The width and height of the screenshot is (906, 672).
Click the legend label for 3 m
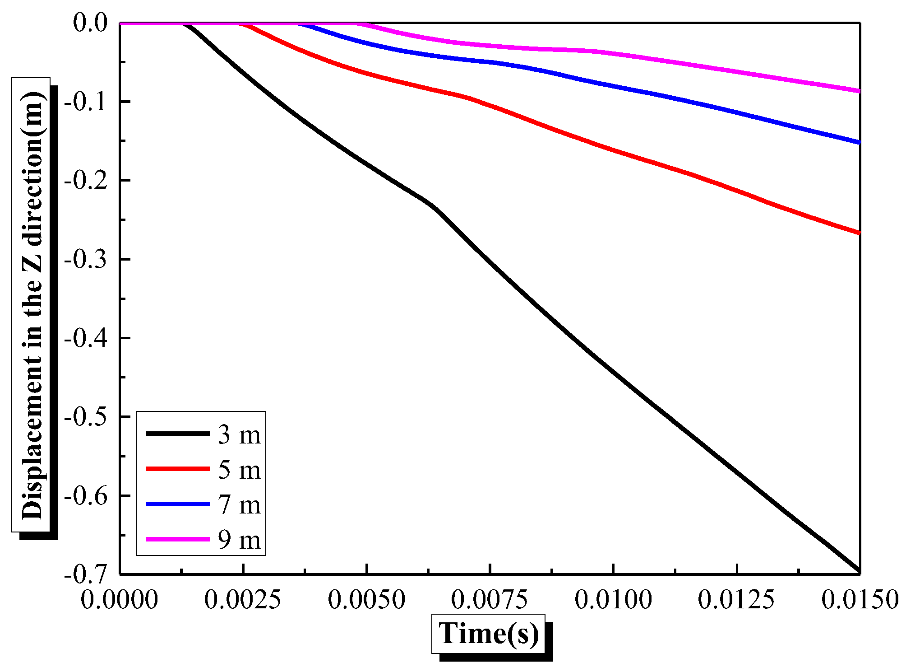239,434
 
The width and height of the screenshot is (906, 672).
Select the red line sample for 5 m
178,469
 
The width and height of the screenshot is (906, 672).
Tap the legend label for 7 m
239,504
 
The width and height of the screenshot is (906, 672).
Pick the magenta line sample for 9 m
178,539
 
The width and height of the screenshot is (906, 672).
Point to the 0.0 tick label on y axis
90,23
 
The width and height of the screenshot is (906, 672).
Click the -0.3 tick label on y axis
86,259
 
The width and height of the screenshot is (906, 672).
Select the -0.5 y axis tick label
86,416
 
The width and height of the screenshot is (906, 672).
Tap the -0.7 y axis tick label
86,574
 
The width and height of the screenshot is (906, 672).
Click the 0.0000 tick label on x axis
120,600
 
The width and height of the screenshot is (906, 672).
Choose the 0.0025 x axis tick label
243,600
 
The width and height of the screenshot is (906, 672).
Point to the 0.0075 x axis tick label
490,600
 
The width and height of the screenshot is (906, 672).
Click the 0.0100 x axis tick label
613,600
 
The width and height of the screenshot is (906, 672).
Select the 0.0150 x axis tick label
860,600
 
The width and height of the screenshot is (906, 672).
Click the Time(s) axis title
489,633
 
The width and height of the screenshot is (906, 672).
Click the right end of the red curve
859,233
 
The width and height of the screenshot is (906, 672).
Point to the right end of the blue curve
859,142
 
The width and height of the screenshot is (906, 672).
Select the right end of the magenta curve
859,91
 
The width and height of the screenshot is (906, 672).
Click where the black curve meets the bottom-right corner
858,571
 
